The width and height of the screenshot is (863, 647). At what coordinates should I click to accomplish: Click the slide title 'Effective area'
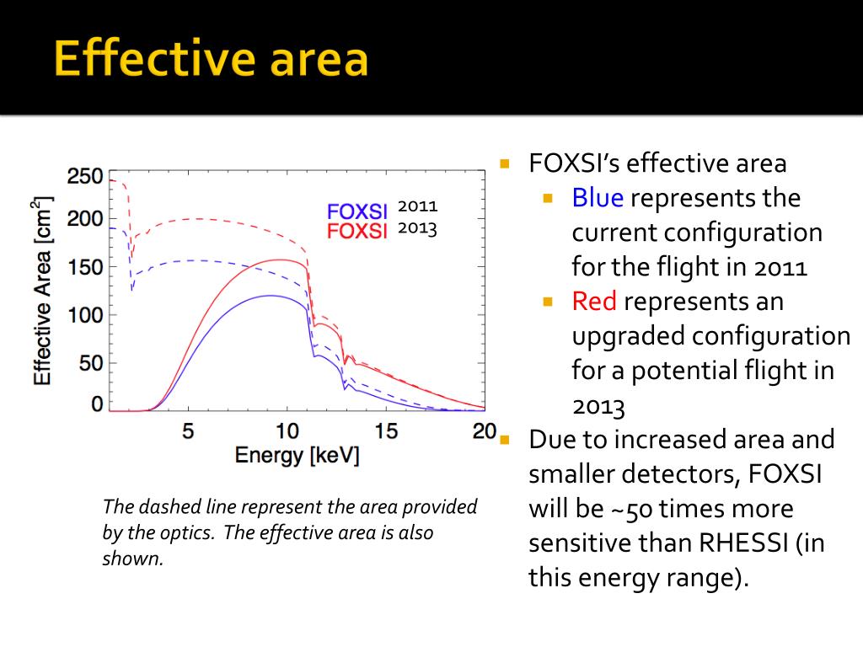(211, 59)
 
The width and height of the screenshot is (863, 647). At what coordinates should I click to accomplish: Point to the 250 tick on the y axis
(84, 177)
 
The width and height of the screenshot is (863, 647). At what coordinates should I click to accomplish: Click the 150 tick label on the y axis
(84, 268)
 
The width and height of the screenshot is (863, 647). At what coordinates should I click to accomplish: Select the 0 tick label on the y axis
(96, 404)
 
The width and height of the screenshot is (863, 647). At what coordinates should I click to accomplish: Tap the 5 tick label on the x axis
(188, 431)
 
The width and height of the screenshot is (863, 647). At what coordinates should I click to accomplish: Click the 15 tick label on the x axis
(386, 431)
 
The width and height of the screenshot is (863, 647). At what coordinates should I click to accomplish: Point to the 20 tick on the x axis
(484, 431)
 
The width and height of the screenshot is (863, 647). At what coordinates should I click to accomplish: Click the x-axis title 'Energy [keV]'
(297, 456)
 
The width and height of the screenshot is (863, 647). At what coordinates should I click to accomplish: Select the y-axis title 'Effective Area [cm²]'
(42, 291)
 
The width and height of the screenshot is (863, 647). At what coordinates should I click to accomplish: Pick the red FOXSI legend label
(356, 231)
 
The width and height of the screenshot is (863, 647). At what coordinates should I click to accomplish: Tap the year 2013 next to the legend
(418, 228)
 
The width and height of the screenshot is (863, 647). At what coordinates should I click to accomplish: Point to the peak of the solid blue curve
(270, 295)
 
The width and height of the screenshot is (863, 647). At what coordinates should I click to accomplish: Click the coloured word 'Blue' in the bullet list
(598, 198)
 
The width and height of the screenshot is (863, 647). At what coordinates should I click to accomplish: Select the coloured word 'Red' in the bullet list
(595, 301)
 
